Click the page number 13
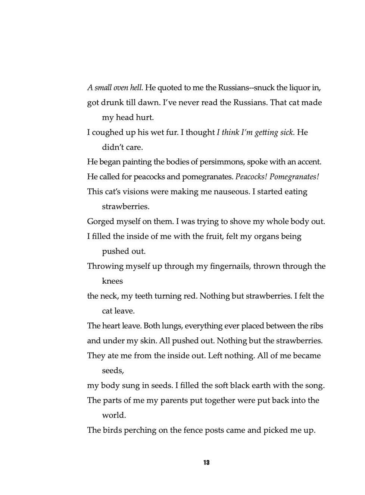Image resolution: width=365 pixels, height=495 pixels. (206, 463)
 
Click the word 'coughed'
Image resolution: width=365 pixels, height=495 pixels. (107, 132)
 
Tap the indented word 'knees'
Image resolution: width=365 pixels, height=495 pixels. (112, 281)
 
